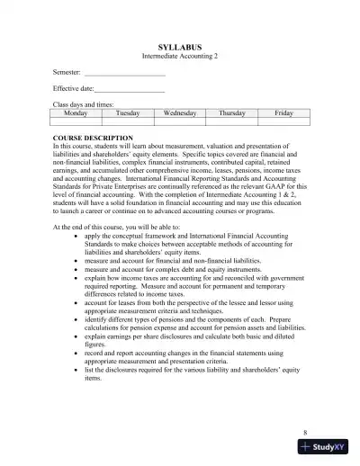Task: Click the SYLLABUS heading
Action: pyautogui.click(x=180, y=46)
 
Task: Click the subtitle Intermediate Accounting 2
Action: pyautogui.click(x=180, y=56)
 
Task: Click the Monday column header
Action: pyautogui.click(x=77, y=113)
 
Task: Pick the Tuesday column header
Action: pyautogui.click(x=129, y=113)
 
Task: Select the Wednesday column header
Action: pyautogui.click(x=180, y=113)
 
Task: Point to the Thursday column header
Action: pyautogui.click(x=231, y=113)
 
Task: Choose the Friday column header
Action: pyautogui.click(x=283, y=113)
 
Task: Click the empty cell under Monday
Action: pyautogui.click(x=77, y=121)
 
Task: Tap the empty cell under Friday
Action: pyautogui.click(x=283, y=121)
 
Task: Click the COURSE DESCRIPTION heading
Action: pyautogui.click(x=94, y=139)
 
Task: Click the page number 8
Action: pyautogui.click(x=305, y=432)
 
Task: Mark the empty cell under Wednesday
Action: pyautogui.click(x=180, y=121)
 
